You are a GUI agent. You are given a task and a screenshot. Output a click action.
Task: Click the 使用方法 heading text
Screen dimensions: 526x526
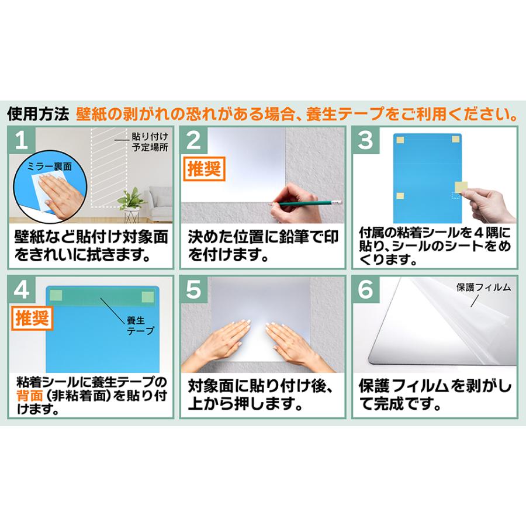[x=38, y=113]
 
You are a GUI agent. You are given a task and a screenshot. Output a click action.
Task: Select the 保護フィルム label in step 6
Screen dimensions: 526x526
[x=485, y=288]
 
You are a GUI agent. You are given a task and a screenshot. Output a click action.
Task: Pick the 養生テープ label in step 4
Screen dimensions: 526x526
[x=140, y=326]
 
